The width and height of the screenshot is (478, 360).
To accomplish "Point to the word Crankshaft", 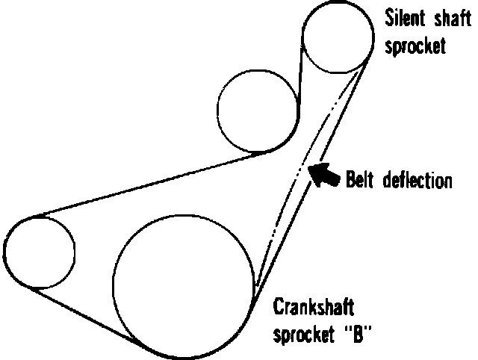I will (312, 308).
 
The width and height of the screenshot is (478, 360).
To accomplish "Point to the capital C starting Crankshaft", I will (278, 308).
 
